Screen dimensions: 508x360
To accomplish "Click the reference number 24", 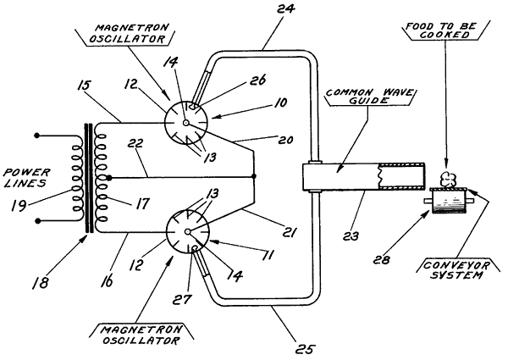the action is (x=285, y=8).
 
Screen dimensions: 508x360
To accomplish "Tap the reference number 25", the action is (x=305, y=349).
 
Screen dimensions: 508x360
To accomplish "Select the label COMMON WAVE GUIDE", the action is (x=370, y=97).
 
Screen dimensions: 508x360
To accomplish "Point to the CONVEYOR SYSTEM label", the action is (x=456, y=270).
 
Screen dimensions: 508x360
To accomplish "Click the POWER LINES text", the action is (x=26, y=178).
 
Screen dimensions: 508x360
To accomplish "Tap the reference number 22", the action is (x=135, y=143).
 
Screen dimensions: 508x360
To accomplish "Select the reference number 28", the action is (x=381, y=259).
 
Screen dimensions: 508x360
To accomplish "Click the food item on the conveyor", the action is (x=448, y=179).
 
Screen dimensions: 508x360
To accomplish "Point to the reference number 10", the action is (x=280, y=102).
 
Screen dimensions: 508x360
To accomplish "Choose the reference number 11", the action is (x=268, y=254).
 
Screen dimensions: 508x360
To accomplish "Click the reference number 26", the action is (x=257, y=80).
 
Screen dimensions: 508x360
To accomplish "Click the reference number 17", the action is (x=142, y=204).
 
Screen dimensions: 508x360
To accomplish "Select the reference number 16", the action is (x=107, y=280).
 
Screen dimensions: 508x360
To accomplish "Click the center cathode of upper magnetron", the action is (x=185, y=123).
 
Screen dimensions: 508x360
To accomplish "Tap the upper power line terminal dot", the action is (x=37, y=136).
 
